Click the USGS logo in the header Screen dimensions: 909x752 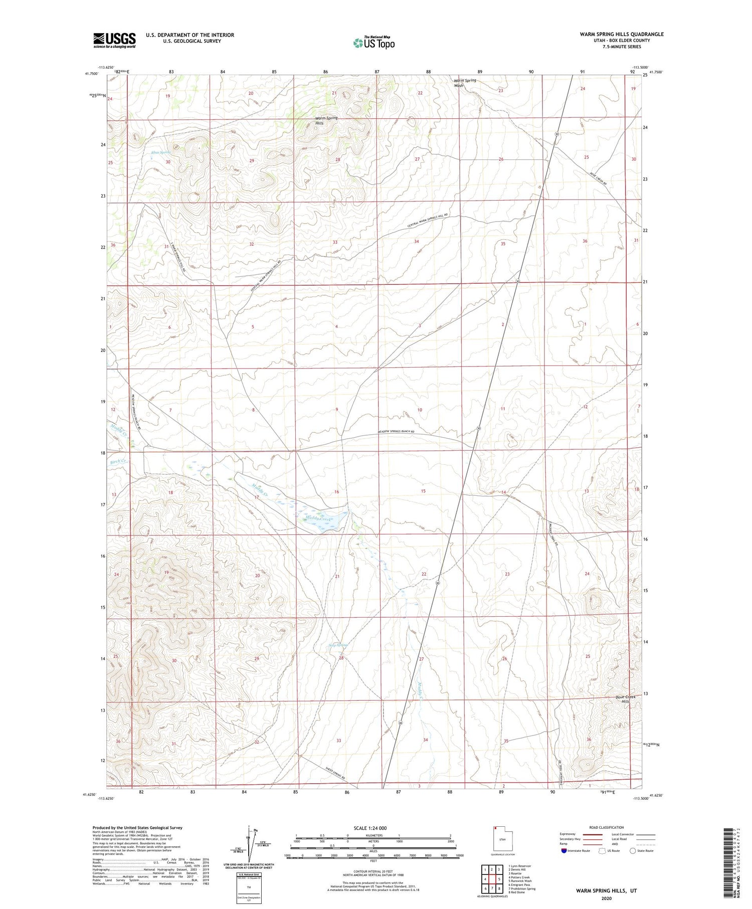pyautogui.click(x=114, y=40)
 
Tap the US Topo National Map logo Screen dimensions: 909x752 pyautogui.click(x=374, y=43)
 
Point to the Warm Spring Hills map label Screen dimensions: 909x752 pyautogui.click(x=326, y=120)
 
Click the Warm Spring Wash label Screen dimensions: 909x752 pyautogui.click(x=465, y=83)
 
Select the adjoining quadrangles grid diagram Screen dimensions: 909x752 pyautogui.click(x=492, y=875)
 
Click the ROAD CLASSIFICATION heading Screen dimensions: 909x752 pyautogui.click(x=607, y=827)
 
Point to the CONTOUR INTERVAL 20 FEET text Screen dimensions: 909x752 pyautogui.click(x=373, y=872)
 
